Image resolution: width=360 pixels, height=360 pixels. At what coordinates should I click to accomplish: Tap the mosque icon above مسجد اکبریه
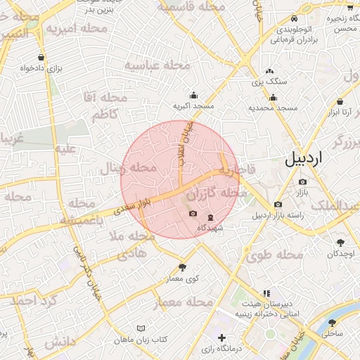point(193,96)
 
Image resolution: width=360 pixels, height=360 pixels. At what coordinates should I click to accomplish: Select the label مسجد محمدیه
point(274,108)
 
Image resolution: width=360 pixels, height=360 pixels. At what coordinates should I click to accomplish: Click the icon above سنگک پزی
point(269,71)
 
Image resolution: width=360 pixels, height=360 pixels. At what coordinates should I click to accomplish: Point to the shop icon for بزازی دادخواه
point(43,57)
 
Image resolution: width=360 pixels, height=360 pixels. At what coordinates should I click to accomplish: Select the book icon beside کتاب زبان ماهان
point(141,328)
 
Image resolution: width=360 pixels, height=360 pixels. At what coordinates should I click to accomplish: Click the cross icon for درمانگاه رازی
point(223,337)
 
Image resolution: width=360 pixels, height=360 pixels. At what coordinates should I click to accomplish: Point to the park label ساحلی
point(333,333)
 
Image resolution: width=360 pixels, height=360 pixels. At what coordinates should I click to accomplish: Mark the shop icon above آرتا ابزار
point(340,101)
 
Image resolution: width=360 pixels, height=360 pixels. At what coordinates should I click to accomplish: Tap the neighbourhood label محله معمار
point(182,302)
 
